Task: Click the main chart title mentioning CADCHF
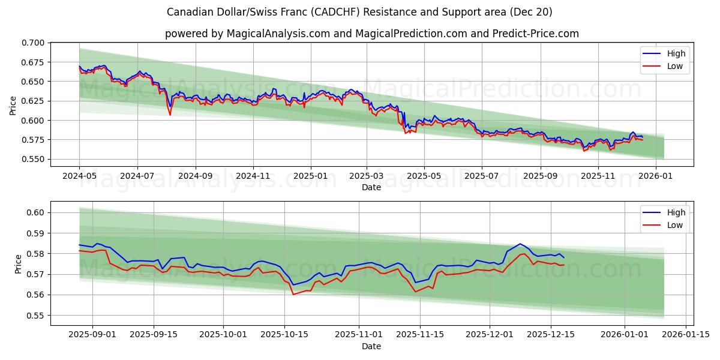(x=359, y=12)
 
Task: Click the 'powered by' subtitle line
(x=371, y=34)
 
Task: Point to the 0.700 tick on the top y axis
(x=32, y=43)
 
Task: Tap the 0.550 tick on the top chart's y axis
(x=32, y=159)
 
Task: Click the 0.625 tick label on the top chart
(x=32, y=101)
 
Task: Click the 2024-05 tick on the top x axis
(x=79, y=176)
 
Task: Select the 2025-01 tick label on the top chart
(x=311, y=176)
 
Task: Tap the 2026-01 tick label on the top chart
(x=655, y=176)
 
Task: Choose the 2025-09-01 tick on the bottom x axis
(x=92, y=335)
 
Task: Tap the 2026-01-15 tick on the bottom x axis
(x=686, y=335)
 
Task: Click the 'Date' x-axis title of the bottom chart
(x=371, y=346)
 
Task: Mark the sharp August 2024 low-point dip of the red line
(x=170, y=115)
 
